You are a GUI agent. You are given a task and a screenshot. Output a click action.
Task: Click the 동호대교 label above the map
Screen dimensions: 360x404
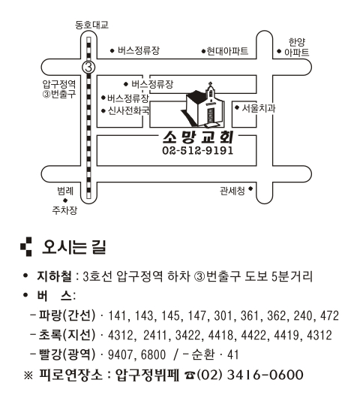coord(91,25)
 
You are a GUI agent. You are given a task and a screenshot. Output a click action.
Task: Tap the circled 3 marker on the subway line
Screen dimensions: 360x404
coord(88,68)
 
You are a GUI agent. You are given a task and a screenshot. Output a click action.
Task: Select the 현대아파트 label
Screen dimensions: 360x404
coord(227,51)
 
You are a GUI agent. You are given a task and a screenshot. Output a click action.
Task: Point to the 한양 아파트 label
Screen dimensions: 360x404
coord(296,47)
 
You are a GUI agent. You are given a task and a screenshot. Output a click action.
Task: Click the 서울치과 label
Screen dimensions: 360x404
coord(258,108)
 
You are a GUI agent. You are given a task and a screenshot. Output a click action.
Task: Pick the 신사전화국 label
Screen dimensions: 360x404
coord(128,111)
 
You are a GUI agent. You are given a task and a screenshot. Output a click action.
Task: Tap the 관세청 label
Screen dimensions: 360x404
coord(232,191)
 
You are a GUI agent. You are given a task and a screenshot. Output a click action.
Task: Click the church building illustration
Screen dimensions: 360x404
coord(203,106)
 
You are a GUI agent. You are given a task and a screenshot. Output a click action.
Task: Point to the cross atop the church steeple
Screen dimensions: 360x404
coord(211,84)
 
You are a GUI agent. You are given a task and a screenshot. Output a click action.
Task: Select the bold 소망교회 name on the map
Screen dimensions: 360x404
coord(198,137)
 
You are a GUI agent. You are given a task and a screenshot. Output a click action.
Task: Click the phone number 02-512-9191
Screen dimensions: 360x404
coord(198,150)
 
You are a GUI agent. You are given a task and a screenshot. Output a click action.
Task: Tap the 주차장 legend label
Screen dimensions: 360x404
coord(64,210)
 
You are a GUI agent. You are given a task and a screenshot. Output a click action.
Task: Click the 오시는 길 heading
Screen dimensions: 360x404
coord(73,247)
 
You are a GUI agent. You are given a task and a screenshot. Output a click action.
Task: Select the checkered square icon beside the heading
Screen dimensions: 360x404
coord(26,246)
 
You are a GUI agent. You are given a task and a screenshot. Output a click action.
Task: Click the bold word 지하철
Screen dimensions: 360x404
coord(54,276)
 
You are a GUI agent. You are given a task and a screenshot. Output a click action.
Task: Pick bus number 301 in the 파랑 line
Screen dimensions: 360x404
coord(223,315)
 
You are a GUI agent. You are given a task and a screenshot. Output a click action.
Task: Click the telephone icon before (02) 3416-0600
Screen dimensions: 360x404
coord(190,375)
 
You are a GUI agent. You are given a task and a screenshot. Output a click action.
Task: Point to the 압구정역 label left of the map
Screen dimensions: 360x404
coord(59,84)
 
